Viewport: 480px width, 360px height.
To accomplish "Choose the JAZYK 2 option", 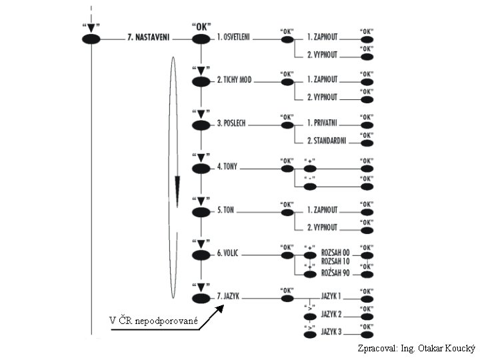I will pos(331,313).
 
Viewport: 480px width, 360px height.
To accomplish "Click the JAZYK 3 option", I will pos(331,331).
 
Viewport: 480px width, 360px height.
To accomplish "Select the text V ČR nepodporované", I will pos(154,323).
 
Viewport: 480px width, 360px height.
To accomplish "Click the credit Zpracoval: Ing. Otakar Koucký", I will pos(416,348).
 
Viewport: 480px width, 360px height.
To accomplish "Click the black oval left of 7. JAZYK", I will pos(201,298).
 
